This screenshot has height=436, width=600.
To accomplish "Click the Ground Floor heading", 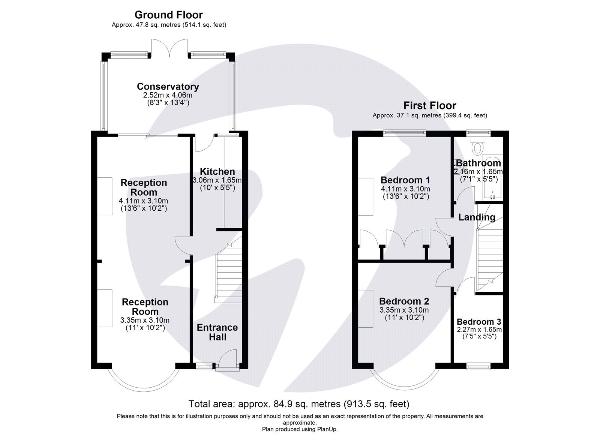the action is pos(168,15).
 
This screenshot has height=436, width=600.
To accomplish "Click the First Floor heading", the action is pos(430,105).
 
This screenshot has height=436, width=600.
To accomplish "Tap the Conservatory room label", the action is pos(168,87).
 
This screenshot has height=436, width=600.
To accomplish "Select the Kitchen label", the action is pos(217,171).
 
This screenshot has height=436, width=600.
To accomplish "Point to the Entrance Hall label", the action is pos(217,332).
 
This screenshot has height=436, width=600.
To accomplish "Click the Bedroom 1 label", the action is pos(405,180).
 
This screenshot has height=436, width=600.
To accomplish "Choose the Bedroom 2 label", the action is pos(404,301).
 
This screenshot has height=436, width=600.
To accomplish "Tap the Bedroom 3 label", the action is pos(479,321).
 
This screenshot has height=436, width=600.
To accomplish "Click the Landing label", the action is pos(477,217).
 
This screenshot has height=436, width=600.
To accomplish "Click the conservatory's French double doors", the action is pos(169,48).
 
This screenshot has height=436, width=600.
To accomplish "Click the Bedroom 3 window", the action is pos(478,366).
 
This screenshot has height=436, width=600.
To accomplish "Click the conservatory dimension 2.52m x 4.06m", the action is pos(168,95).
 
